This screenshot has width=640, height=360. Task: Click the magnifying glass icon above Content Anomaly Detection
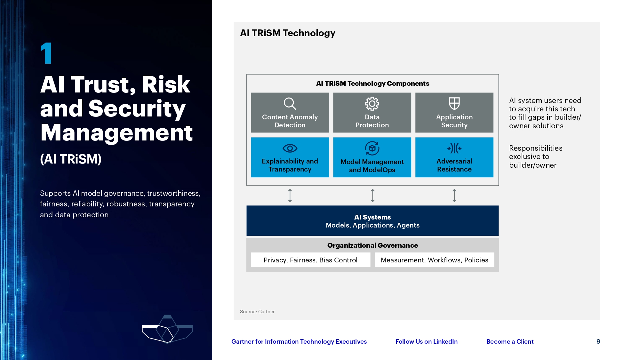pyautogui.click(x=290, y=103)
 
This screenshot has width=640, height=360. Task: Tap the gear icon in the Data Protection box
pyautogui.click(x=372, y=103)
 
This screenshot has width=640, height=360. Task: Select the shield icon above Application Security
pyautogui.click(x=454, y=103)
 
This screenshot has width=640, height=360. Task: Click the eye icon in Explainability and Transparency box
pyautogui.click(x=290, y=148)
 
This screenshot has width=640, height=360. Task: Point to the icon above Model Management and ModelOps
pyautogui.click(x=372, y=148)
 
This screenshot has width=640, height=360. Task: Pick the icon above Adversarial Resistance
pyautogui.click(x=454, y=148)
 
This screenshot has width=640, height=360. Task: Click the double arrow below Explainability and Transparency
pyautogui.click(x=290, y=195)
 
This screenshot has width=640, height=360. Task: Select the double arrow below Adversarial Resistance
pyautogui.click(x=454, y=195)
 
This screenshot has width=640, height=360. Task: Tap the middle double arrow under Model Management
pyautogui.click(x=372, y=195)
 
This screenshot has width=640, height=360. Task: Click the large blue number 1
pyautogui.click(x=47, y=53)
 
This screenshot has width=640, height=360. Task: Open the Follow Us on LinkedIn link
pyautogui.click(x=426, y=341)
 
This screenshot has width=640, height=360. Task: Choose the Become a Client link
pyautogui.click(x=510, y=341)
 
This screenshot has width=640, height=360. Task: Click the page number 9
pyautogui.click(x=598, y=341)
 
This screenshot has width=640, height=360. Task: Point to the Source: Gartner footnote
pyautogui.click(x=257, y=311)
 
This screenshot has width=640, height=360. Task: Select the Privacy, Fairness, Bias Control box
pyautogui.click(x=310, y=260)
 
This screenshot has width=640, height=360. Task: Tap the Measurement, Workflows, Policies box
pyautogui.click(x=434, y=260)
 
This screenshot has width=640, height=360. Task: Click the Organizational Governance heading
pyautogui.click(x=372, y=245)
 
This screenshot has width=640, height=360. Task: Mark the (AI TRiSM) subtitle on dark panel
pyautogui.click(x=71, y=159)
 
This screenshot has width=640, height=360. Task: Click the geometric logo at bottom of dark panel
pyautogui.click(x=167, y=330)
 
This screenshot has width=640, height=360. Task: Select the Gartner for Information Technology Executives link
pyautogui.click(x=299, y=341)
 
